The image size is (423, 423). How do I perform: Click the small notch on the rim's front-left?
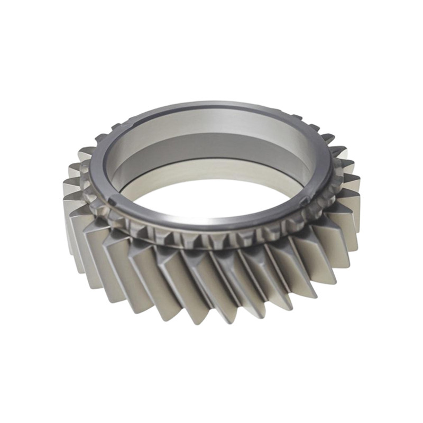click(114, 200)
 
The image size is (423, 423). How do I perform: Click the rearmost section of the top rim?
click(212, 104)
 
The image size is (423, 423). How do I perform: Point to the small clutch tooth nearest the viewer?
click(212, 241)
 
